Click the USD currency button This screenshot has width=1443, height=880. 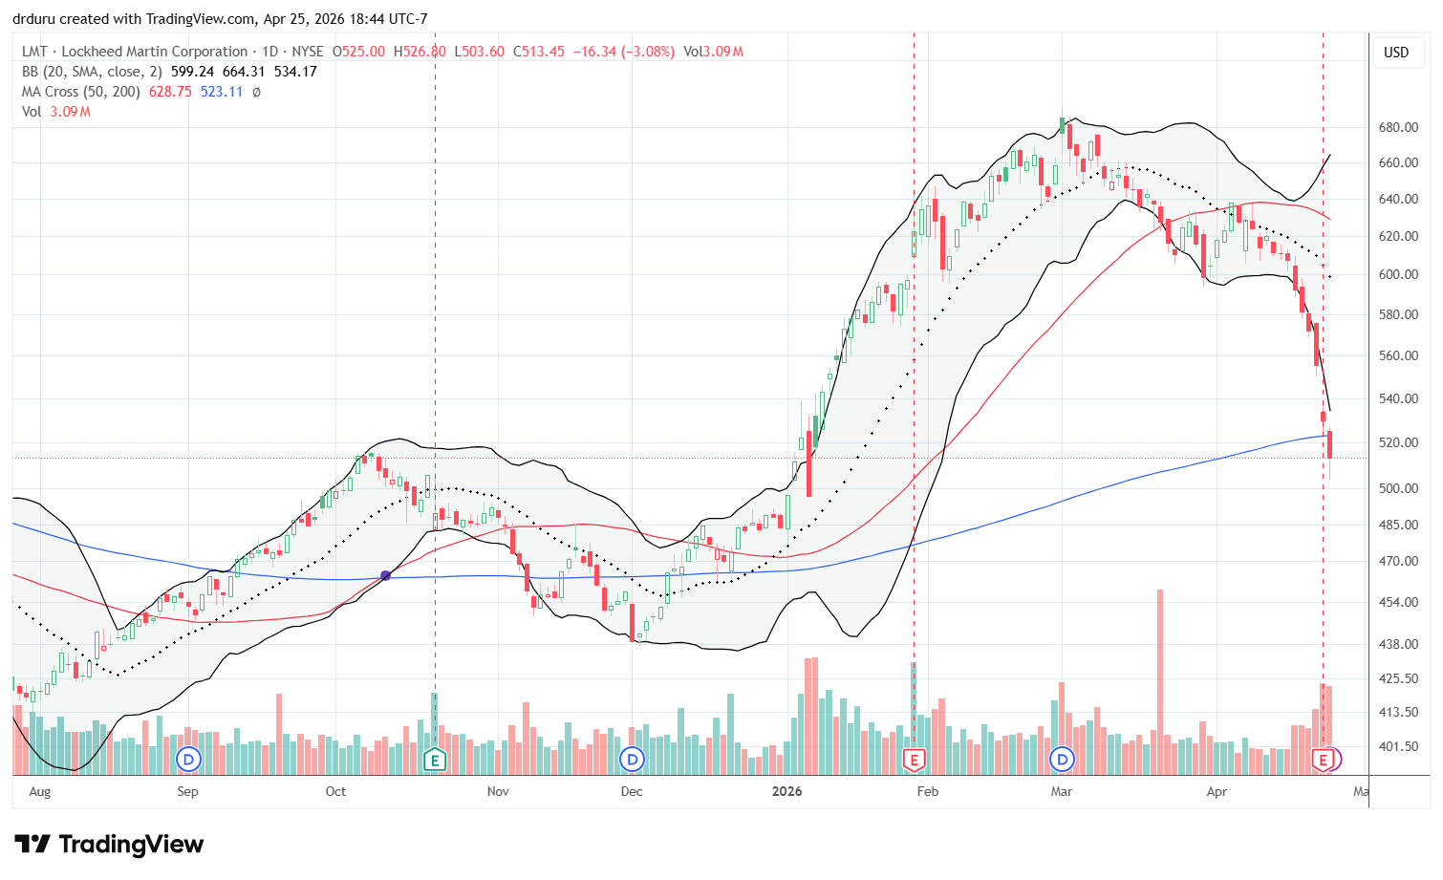(x=1396, y=53)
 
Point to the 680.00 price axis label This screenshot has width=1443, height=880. (x=1397, y=127)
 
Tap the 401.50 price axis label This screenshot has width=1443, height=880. (x=1397, y=746)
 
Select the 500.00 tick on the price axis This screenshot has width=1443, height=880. (x=1397, y=488)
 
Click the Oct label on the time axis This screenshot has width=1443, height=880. (x=335, y=791)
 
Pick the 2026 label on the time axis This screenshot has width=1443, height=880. (x=786, y=791)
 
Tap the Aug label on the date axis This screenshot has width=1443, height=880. (x=39, y=791)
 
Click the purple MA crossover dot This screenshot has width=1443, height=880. (x=385, y=575)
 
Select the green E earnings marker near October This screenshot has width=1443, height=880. (x=435, y=761)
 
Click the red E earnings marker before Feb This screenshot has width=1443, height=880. (x=914, y=761)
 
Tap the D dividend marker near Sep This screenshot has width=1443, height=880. (x=189, y=761)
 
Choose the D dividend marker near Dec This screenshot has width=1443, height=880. (x=632, y=761)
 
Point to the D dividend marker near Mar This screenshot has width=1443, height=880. (x=1062, y=761)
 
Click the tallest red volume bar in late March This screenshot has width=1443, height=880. (x=1160, y=669)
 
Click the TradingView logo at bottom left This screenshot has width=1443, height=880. (x=109, y=845)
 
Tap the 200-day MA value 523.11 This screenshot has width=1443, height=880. (x=222, y=92)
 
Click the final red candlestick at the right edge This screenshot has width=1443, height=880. (x=1330, y=445)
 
